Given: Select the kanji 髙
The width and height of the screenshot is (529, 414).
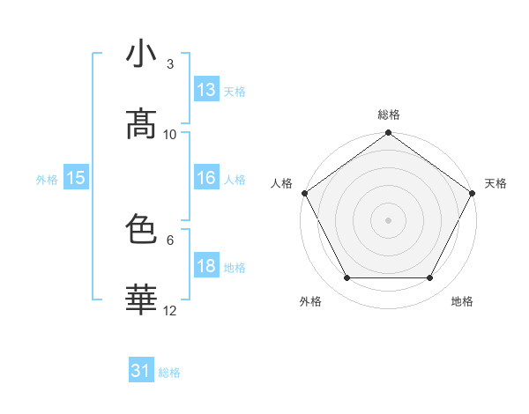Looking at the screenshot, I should click(141, 124).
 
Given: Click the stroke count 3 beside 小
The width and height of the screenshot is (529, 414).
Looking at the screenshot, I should click(169, 63).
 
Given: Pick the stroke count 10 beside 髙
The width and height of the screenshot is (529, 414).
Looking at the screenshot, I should click(170, 134).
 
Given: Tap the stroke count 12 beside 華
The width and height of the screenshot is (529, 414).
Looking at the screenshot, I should click(170, 310).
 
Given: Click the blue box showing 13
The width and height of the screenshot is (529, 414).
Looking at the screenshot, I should click(206, 90).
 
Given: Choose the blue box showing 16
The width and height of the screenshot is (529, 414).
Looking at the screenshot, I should click(206, 178).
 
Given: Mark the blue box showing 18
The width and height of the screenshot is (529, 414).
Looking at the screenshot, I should click(206, 266).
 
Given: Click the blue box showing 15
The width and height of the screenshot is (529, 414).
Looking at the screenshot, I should click(76, 178).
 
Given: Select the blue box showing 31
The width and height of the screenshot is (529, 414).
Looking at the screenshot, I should click(141, 371).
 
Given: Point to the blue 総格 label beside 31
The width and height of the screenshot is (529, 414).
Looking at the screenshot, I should click(169, 373).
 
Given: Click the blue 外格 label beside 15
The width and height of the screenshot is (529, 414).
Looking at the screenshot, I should click(47, 180).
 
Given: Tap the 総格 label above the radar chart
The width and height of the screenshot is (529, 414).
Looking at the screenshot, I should click(388, 115).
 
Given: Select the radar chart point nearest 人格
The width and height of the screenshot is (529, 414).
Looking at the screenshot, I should click(303, 192).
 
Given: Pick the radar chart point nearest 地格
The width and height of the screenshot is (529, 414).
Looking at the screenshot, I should click(430, 277).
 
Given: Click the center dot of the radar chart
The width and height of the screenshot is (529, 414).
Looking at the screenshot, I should click(388, 219).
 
